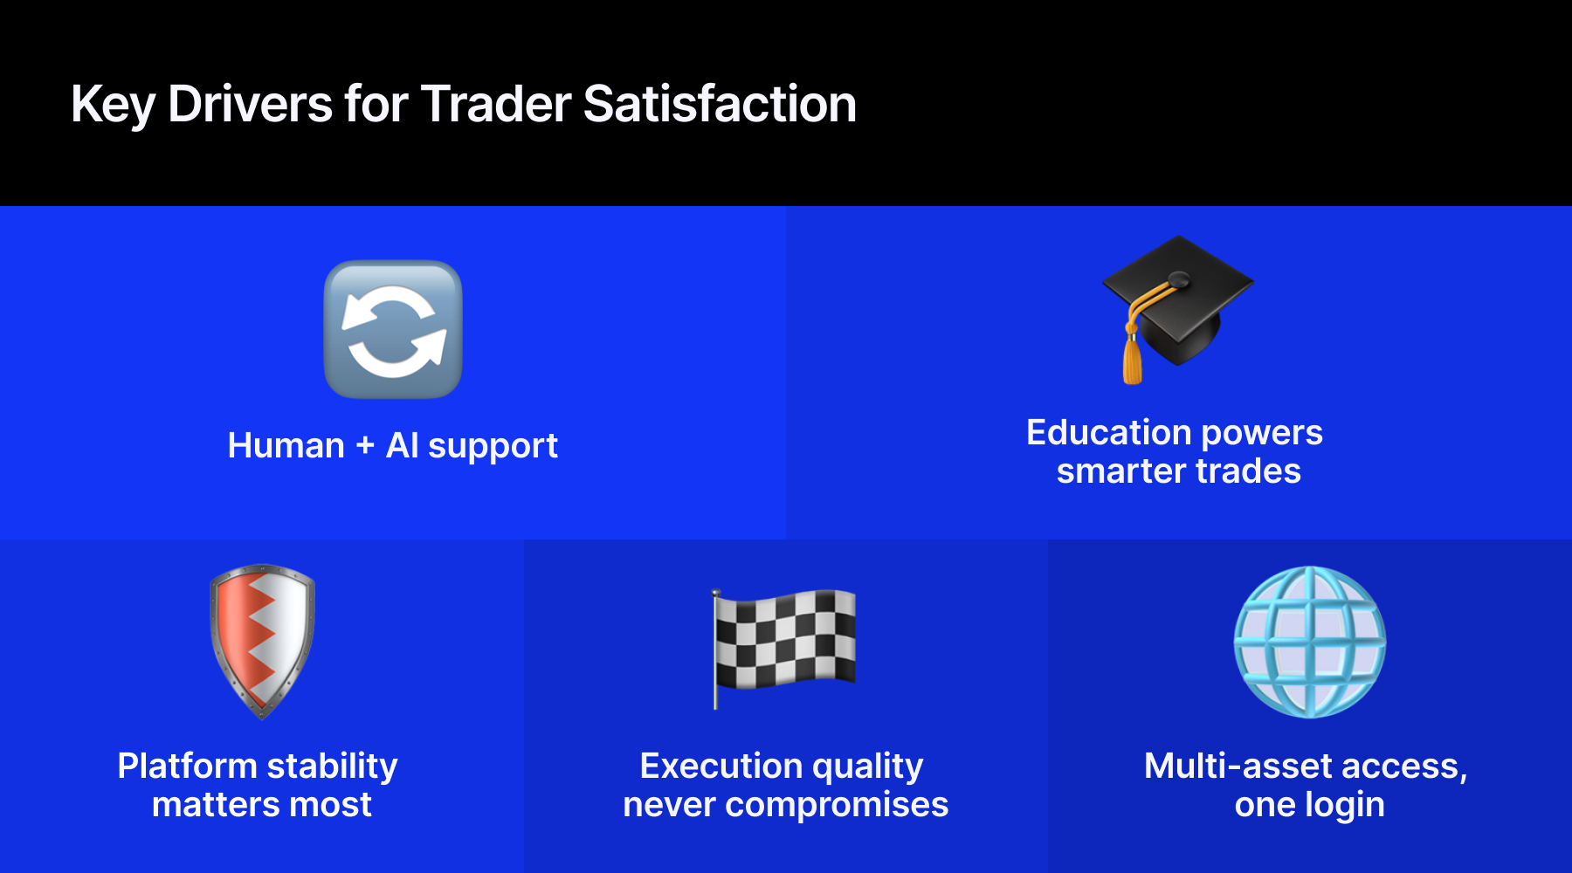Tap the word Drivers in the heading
250,104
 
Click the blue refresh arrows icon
393,329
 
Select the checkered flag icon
784,640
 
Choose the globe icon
1309,642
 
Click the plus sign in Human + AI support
365,446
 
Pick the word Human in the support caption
286,446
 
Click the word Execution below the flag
720,766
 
